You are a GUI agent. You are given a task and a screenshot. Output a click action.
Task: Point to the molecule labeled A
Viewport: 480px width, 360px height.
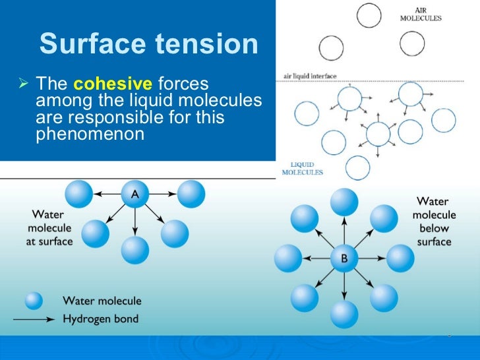[135, 195]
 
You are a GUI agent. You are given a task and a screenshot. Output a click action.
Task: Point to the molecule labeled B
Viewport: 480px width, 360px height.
[344, 258]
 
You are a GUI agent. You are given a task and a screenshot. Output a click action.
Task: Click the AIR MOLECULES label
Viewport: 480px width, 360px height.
[421, 13]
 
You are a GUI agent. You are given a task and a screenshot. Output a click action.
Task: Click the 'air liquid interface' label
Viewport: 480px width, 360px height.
[309, 76]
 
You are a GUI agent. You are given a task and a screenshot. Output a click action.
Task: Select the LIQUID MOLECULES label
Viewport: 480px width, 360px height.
[302, 168]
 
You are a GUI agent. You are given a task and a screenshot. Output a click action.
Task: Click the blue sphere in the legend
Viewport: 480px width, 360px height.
[34, 301]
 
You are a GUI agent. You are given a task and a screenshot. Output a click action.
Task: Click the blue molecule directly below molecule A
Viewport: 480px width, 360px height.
[135, 250]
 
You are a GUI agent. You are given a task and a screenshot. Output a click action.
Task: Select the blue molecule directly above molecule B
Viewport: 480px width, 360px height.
[344, 202]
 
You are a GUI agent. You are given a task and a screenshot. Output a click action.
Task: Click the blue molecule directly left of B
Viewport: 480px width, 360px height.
[287, 258]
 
